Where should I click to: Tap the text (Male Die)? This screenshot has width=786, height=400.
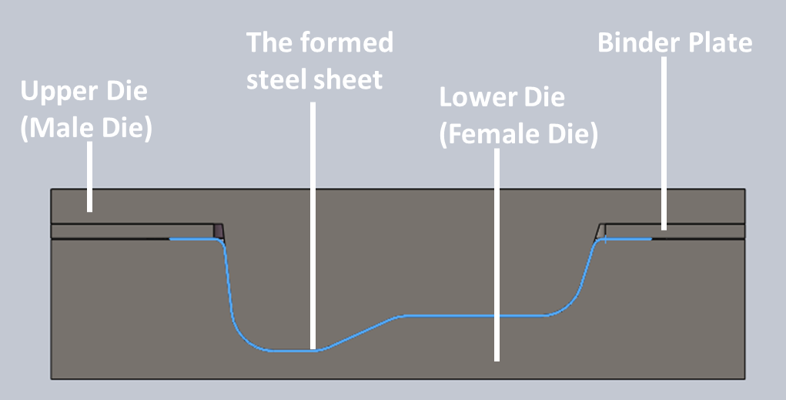pyautogui.click(x=86, y=129)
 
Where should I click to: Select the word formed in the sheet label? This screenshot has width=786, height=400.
pyautogui.click(x=346, y=42)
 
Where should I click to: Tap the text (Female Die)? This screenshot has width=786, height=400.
pyautogui.click(x=519, y=135)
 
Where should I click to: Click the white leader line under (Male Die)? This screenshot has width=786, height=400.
pyautogui.click(x=90, y=176)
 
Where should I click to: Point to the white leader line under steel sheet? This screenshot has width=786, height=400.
pyautogui.click(x=313, y=225)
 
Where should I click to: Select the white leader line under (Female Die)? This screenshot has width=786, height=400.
pyautogui.click(x=497, y=255)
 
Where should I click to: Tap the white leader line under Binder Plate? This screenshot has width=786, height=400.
pyautogui.click(x=664, y=143)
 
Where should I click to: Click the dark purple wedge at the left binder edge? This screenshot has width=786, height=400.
pyautogui.click(x=219, y=231)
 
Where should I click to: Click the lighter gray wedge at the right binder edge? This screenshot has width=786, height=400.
pyautogui.click(x=600, y=232)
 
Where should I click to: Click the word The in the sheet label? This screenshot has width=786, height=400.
pyautogui.click(x=269, y=42)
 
